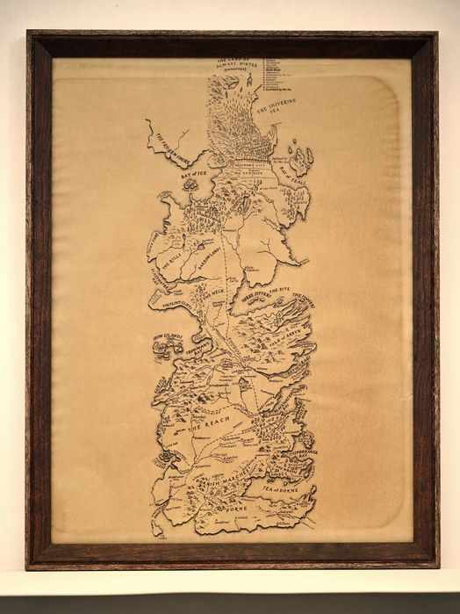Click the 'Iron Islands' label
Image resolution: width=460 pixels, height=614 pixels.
pos(166,335)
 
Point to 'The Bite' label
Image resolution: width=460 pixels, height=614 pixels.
pos(280,289)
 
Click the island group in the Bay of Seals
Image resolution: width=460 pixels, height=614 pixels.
pos(298,162)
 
